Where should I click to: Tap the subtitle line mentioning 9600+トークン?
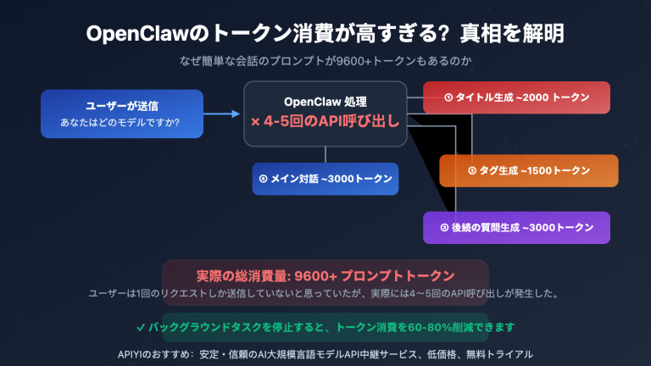pos(325,61)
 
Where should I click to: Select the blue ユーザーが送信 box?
pos(122,114)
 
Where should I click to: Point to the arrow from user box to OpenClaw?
pos(224,113)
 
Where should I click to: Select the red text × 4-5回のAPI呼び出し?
pos(325,121)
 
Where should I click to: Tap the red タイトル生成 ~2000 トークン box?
pos(516,97)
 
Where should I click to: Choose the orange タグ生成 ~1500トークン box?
pos(528,170)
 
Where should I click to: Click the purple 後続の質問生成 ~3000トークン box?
pos(516,227)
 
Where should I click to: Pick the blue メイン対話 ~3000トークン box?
pos(325,179)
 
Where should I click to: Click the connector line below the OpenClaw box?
pos(325,154)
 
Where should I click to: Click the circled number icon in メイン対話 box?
pos(263,179)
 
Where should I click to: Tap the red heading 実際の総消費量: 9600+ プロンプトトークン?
pos(325,275)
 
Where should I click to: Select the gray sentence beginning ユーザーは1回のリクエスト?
pos(325,293)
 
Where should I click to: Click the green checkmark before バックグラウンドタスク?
pos(140,326)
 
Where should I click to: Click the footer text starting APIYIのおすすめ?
pos(325,352)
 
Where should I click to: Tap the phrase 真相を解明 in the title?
pos(513,34)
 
